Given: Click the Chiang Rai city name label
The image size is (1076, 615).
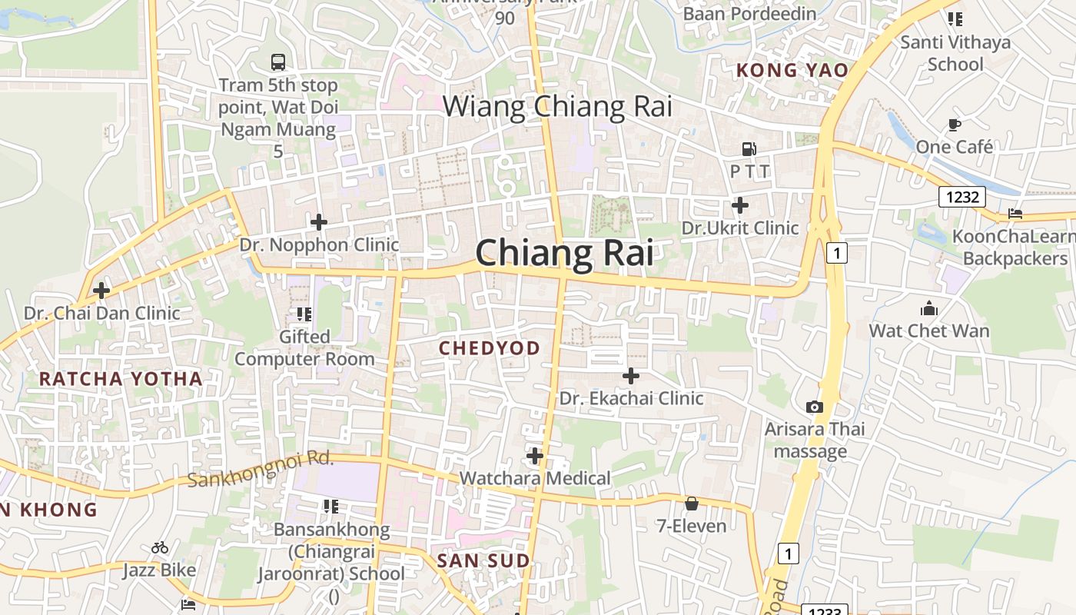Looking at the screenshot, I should (564, 253).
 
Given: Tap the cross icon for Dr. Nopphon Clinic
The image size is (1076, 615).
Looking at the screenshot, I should (319, 223).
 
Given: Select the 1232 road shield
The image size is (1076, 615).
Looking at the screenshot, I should (962, 197).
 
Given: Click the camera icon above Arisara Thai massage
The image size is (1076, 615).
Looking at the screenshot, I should (814, 407).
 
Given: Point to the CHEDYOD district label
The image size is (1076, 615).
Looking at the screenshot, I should (490, 348).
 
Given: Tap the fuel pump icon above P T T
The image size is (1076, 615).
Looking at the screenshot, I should (749, 149).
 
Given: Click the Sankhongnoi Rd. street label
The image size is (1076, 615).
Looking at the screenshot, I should (261, 470).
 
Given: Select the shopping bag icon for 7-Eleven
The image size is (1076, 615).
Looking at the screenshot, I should (692, 504).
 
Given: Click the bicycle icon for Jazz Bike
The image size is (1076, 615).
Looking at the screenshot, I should (160, 547).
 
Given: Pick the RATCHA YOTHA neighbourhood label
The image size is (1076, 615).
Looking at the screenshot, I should (121, 378).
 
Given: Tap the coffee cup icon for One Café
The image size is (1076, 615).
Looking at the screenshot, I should (955, 124).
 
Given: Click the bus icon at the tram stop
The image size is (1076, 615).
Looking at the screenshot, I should (278, 61).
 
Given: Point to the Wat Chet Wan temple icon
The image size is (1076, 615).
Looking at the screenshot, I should (928, 309).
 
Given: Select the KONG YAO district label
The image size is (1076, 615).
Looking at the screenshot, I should (792, 71).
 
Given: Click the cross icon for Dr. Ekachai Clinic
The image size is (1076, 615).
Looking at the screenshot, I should (631, 376).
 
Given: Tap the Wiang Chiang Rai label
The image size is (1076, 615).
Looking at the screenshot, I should (557, 106).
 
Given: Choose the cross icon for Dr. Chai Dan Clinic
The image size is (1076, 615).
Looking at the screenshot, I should (101, 291).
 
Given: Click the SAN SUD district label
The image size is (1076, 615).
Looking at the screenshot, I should (483, 560).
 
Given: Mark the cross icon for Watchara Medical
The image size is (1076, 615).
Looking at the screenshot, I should (535, 456).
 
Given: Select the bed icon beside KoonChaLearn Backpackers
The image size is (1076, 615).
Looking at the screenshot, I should (1015, 213).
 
